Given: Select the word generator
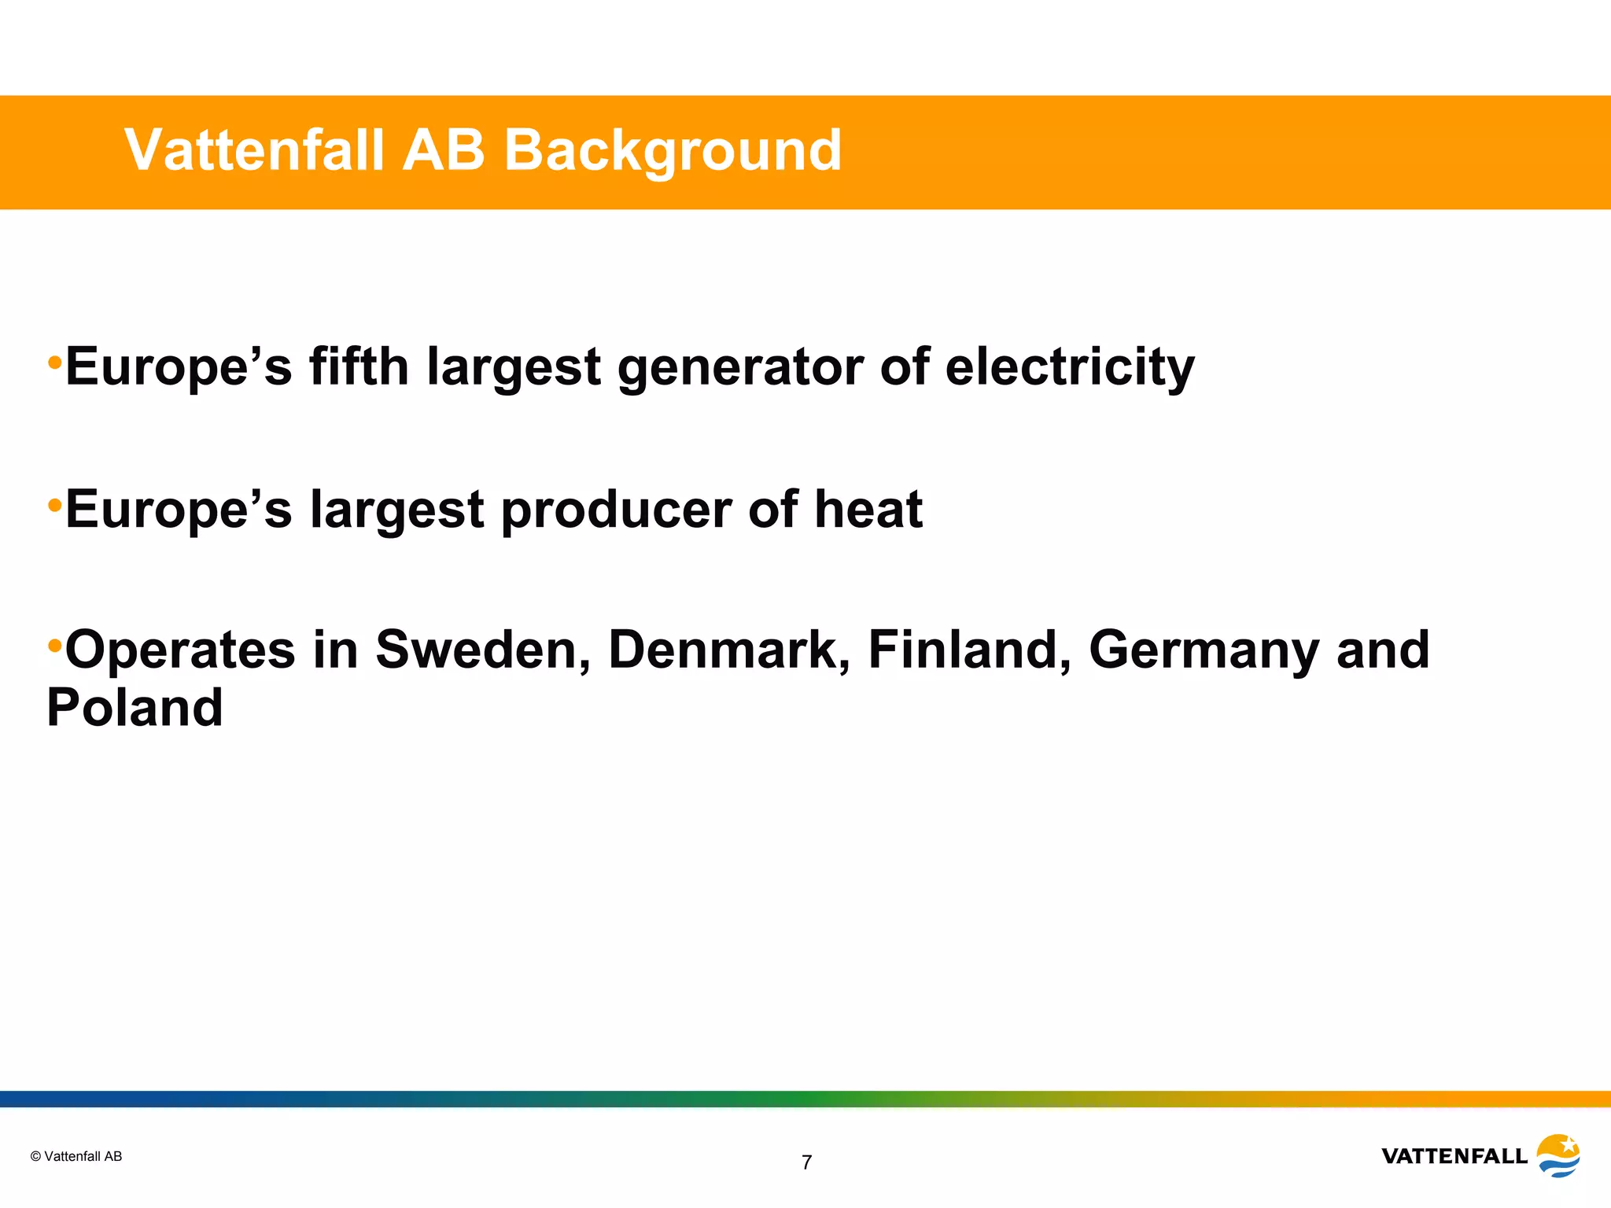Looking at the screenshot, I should click(740, 368).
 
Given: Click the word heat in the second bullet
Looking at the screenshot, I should click(868, 509).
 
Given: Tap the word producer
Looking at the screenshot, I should click(616, 510).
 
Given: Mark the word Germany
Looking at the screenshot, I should click(1204, 651).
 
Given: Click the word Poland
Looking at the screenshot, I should click(135, 707).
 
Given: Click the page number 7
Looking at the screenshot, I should click(806, 1162).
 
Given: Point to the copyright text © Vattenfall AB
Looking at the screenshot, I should click(76, 1156).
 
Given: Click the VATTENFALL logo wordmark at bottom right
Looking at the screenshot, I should click(1454, 1156).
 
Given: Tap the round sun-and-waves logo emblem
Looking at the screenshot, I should click(1558, 1155).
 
